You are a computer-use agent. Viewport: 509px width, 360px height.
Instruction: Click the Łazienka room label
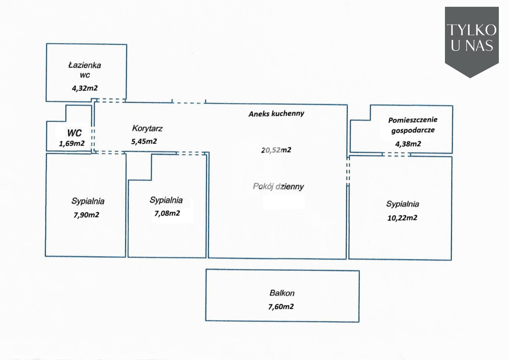point(84,65)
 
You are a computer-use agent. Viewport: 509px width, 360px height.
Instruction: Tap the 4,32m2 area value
point(86,88)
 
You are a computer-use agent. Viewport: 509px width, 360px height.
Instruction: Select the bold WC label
point(74,133)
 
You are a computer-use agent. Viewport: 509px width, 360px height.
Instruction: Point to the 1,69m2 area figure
point(72,143)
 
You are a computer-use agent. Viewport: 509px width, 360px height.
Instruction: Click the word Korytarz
point(147,128)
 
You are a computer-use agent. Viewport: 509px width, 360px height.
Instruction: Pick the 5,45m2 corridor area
point(144,142)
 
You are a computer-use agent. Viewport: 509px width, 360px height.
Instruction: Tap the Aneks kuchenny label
point(276,114)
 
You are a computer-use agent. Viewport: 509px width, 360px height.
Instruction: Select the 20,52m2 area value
point(276,150)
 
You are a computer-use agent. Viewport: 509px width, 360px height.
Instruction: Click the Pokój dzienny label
point(278,186)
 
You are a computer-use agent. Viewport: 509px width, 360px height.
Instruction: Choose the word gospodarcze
point(412,131)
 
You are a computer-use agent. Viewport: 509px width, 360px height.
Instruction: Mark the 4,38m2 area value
point(408,144)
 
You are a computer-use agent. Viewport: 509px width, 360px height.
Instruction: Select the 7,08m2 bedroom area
point(167,213)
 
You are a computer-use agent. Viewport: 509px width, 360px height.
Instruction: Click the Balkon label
point(282,293)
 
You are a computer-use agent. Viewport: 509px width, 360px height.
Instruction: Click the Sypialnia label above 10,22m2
point(403,204)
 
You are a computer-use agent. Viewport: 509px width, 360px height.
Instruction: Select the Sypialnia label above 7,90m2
point(88,201)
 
